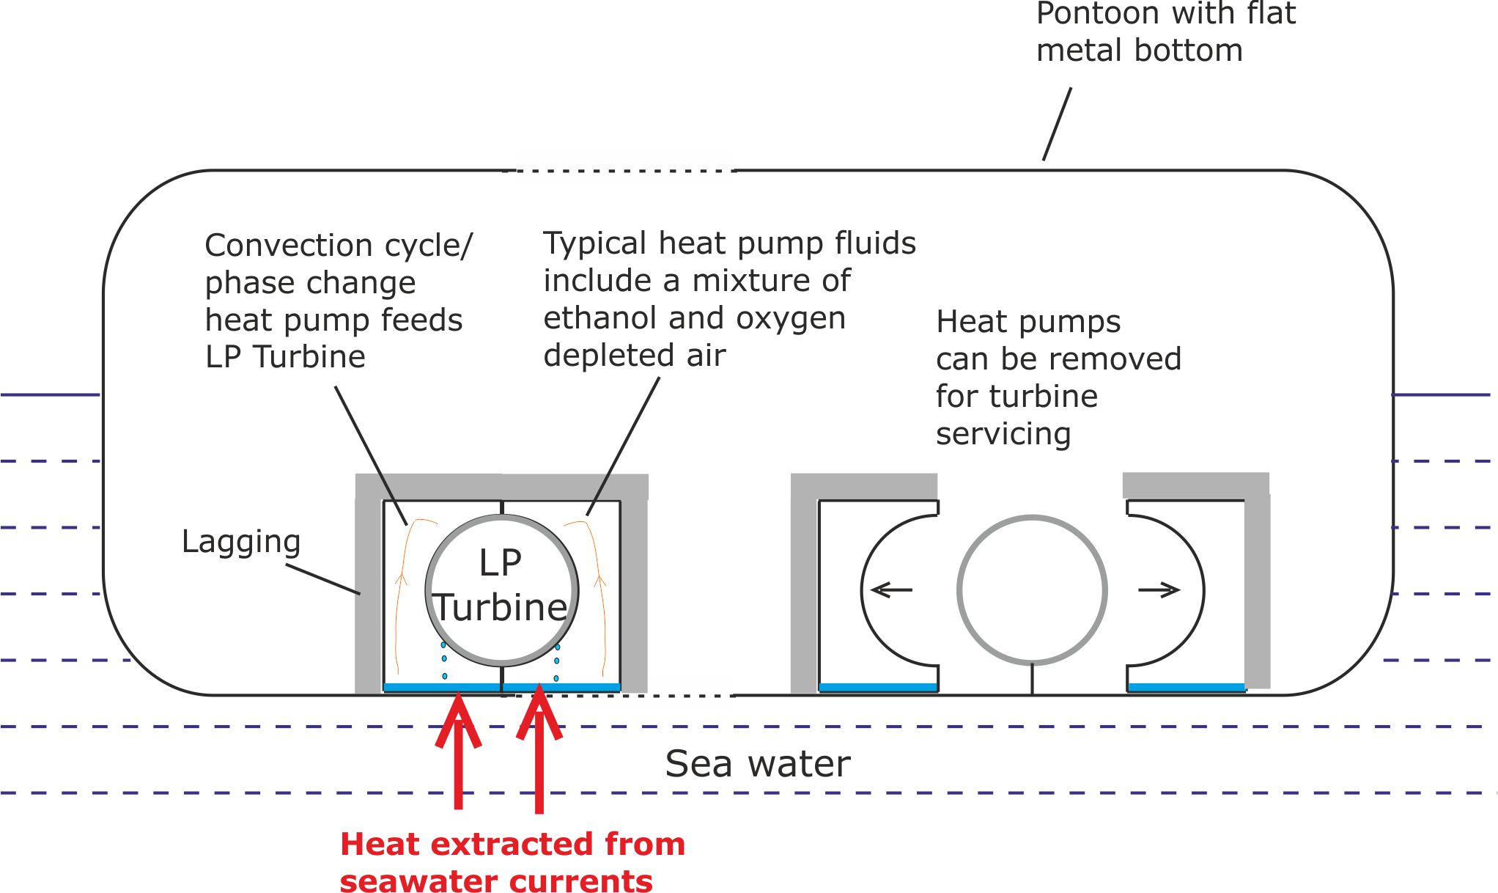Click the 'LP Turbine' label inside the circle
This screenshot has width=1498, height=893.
tap(501, 587)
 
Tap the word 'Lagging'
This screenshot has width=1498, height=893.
tap(241, 543)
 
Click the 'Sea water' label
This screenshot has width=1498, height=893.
tap(757, 764)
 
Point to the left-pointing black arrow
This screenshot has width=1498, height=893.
tap(891, 589)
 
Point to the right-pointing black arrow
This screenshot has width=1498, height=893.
tap(1159, 589)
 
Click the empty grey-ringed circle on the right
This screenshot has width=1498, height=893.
tap(1031, 590)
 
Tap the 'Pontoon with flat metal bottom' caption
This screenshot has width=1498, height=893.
tap(1165, 33)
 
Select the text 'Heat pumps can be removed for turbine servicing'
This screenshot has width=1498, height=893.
tap(1058, 378)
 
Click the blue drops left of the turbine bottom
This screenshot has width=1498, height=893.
tap(444, 660)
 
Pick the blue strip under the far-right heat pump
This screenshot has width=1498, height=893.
tap(1186, 687)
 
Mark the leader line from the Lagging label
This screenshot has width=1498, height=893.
tap(322, 578)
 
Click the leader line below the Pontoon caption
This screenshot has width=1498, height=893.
tap(1057, 124)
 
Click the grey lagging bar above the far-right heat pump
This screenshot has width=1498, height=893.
tap(1195, 485)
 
